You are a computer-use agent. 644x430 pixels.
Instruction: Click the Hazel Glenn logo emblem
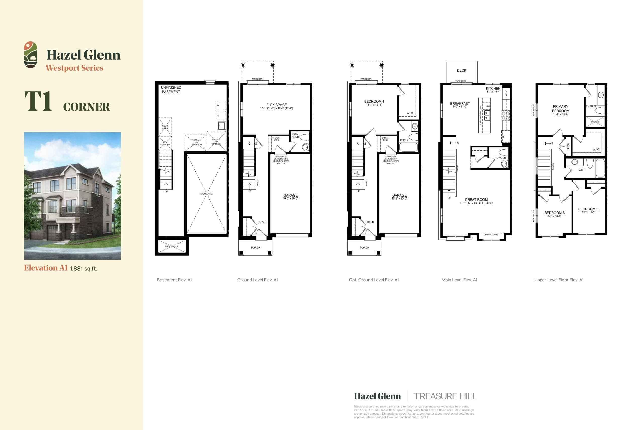(x=30, y=55)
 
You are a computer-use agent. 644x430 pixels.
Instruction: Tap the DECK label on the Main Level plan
(x=461, y=71)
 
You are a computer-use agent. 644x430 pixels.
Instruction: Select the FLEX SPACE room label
(x=276, y=105)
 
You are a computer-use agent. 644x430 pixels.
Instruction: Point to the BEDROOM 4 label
(x=374, y=102)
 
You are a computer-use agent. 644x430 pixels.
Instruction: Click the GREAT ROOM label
(x=476, y=200)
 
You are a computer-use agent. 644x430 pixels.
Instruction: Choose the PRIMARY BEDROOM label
(x=560, y=109)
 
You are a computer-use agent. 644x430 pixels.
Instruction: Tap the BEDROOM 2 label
(x=588, y=209)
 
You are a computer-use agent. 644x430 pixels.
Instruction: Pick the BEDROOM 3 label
(x=554, y=213)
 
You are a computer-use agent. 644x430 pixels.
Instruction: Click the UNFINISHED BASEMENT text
(x=171, y=90)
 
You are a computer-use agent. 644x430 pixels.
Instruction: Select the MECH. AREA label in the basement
(x=165, y=127)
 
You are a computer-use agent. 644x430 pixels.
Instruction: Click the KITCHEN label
(x=493, y=89)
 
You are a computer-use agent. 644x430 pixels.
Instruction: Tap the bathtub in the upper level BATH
(x=600, y=168)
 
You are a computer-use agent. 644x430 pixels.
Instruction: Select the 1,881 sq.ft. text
(x=84, y=269)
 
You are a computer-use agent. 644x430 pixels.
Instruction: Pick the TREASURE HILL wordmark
(x=445, y=396)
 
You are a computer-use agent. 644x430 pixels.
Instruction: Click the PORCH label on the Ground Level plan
(x=256, y=248)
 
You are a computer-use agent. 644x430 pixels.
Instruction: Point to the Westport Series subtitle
(x=74, y=68)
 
